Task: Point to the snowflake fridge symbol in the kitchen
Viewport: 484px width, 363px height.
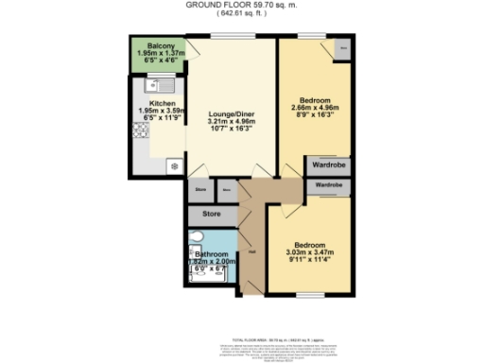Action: [x=174, y=166]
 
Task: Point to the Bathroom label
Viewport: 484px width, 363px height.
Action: [x=211, y=254]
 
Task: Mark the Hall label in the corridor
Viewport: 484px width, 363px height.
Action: [x=252, y=251]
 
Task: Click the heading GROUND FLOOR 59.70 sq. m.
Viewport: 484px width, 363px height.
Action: [x=242, y=5]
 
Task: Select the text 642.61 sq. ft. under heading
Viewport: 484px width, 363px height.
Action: [x=242, y=14]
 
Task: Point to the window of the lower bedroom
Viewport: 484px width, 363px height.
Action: [x=307, y=295]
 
